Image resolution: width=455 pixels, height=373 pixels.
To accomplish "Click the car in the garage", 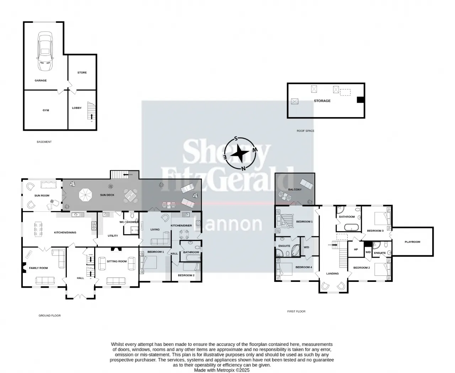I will tap(45, 52).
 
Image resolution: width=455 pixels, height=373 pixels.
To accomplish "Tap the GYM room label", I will tap(46, 110).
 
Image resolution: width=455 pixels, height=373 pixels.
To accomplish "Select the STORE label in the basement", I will tap(82, 73).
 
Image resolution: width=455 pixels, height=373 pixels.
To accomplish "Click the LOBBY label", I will tap(77, 108).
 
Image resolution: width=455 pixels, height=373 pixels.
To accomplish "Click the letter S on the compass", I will tap(236, 139).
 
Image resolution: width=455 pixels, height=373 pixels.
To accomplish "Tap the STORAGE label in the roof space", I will tap(322, 101).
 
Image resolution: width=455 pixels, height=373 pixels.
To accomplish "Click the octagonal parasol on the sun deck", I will tap(85, 195).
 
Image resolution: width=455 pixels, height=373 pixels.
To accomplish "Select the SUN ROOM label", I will tap(42, 196).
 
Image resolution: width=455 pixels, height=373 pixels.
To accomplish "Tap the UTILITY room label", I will tap(113, 236).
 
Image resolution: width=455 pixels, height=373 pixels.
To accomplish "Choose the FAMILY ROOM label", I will tap(38, 268).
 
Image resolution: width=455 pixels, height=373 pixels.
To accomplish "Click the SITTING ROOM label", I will tap(117, 261).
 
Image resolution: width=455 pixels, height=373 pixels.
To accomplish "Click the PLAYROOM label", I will tap(412, 242).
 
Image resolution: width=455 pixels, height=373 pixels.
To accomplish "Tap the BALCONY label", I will tap(295, 190).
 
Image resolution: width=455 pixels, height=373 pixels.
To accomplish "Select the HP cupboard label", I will tap(356, 249).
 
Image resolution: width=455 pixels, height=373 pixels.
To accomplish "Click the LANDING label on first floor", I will tap(332, 274).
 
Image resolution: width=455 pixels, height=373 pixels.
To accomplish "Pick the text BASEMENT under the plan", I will tap(44, 142).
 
